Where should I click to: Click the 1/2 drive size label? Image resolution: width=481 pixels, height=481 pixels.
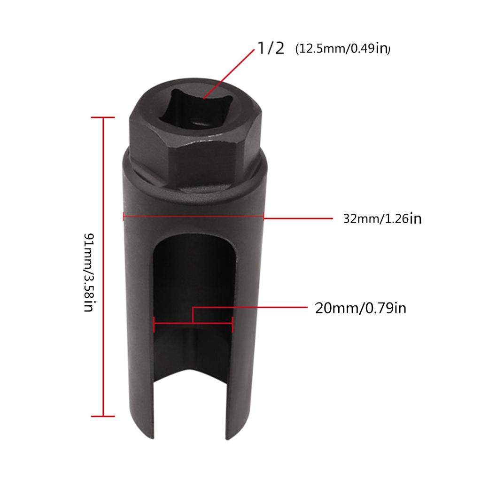(x=270, y=49)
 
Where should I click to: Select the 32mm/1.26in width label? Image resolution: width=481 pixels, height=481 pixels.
(x=382, y=218)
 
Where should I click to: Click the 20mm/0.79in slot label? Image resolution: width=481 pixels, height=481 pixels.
(x=360, y=308)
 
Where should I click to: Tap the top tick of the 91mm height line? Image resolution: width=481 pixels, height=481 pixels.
(x=102, y=117)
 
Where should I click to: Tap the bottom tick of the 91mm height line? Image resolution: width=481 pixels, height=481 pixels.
(x=102, y=416)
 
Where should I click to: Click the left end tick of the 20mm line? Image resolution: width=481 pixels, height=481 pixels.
(x=154, y=324)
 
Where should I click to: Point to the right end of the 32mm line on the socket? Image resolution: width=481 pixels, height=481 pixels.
(x=264, y=217)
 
